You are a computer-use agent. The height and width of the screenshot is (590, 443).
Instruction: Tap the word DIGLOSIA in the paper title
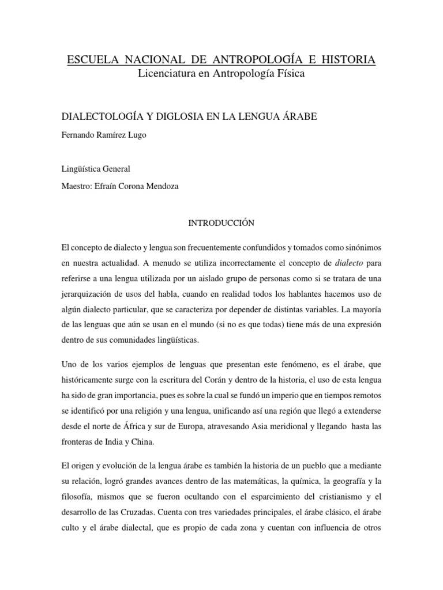pos(171,117)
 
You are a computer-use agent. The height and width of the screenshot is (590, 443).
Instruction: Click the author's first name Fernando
pos(78,136)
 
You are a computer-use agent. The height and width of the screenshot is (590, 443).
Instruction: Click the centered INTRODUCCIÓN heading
pos(221,221)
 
